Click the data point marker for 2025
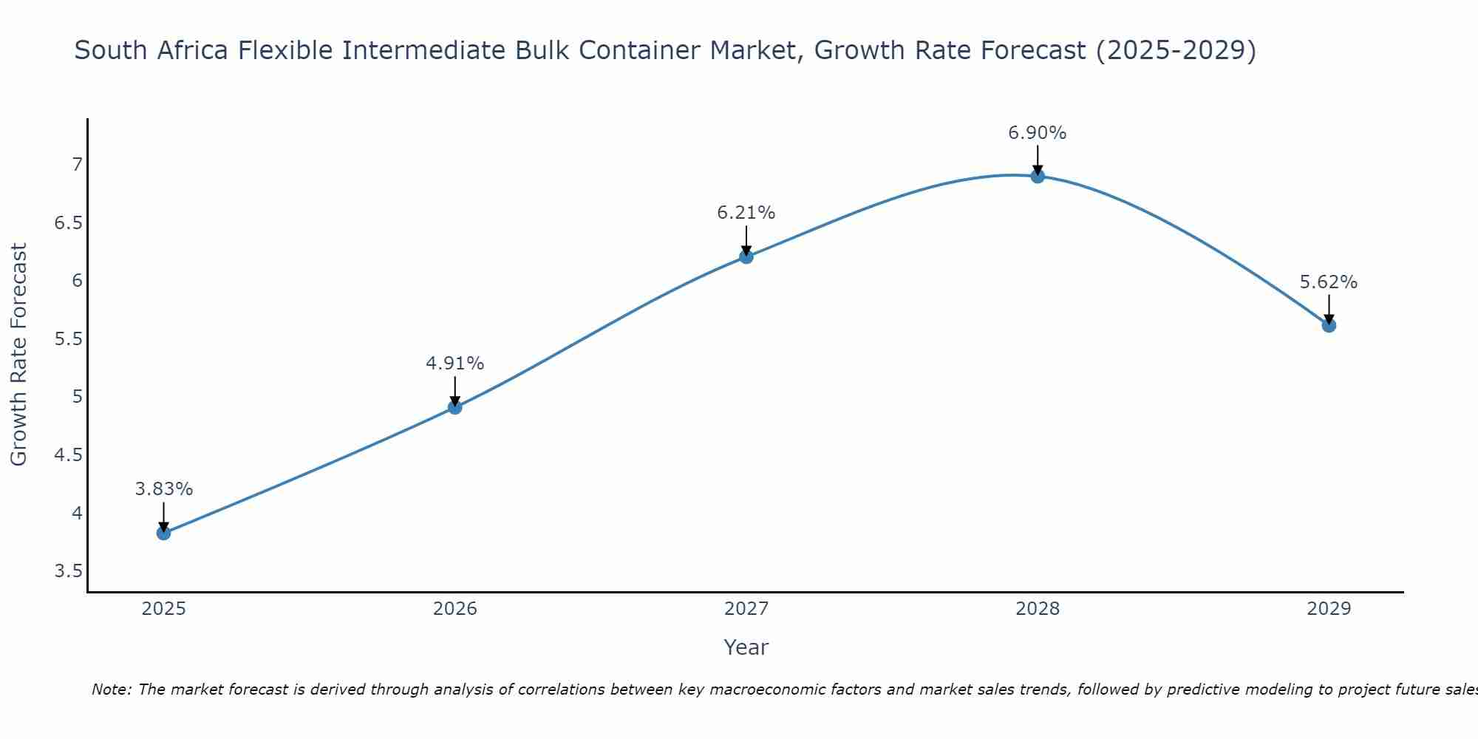coord(163,533)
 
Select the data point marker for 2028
coord(1038,176)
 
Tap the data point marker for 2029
coord(1329,325)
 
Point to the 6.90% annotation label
coord(1038,133)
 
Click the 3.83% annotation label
coord(163,489)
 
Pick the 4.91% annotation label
coord(454,364)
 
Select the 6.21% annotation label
coord(746,213)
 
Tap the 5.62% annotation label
coord(1329,282)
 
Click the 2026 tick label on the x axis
coord(454,609)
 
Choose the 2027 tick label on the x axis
coord(746,609)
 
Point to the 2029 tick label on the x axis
coord(1329,609)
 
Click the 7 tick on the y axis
coord(77,164)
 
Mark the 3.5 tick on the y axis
coord(68,571)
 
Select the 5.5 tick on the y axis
coord(68,339)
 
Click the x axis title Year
coord(746,647)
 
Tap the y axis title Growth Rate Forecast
coord(18,355)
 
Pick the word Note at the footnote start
coord(111,689)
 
